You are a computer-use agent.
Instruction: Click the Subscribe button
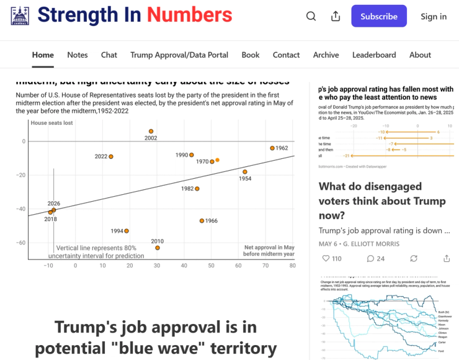[378, 16]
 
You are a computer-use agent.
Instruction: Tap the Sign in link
[434, 17]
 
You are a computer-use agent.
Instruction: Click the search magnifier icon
[311, 17]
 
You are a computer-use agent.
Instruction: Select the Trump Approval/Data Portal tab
[179, 55]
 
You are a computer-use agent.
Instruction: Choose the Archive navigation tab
[326, 55]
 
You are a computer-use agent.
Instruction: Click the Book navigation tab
[251, 55]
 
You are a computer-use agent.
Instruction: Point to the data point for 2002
[151, 132]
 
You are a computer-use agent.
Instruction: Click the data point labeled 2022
[111, 156]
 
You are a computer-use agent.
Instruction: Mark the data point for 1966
[202, 221]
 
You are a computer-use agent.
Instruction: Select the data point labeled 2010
[158, 248]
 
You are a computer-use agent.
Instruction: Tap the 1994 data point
[127, 231]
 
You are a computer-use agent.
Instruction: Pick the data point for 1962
[272, 148]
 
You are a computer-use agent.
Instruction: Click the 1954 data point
[245, 172]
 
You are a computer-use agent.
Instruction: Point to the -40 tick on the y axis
[20, 209]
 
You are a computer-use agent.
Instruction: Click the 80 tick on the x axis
[292, 266]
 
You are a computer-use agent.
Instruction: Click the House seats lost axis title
[51, 123]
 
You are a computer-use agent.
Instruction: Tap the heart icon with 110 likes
[326, 258]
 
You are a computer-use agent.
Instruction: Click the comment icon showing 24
[370, 258]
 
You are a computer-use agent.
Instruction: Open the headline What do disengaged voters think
[382, 200]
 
